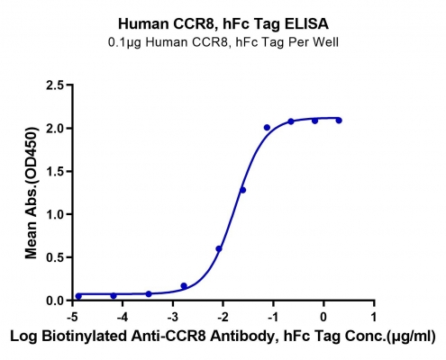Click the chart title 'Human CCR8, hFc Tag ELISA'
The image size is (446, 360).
pos(223,24)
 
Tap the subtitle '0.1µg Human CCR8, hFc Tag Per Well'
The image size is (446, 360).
pos(223,42)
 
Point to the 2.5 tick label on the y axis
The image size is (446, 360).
pos(55,85)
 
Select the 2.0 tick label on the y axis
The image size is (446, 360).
pos(55,129)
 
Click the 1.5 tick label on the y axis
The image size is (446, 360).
pos(55,171)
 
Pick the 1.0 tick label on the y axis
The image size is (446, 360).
pos(55,214)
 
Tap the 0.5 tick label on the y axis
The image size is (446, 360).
pos(55,257)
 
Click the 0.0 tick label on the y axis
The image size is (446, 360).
pos(55,301)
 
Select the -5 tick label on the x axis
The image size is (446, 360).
pos(72,317)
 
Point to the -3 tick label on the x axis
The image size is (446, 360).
pos(173,317)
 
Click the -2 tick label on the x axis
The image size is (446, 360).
pos(223,317)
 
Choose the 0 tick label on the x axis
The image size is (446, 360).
pos(323,317)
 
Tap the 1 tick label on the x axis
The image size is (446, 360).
pos(374,317)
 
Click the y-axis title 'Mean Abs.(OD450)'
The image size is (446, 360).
pos(32,193)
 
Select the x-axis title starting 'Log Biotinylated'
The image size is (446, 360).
pos(223,337)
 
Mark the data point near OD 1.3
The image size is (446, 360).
pos(242,190)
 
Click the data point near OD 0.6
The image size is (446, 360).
pos(219,248)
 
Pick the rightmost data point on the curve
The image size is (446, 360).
pos(339,121)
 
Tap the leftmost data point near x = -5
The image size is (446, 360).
pos(78,296)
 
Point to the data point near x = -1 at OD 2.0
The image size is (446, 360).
pos(267,128)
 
